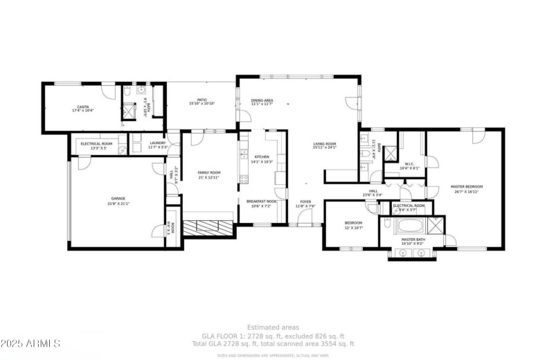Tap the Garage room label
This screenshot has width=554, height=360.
pyautogui.click(x=118, y=199)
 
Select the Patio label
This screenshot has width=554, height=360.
pyautogui.click(x=202, y=99)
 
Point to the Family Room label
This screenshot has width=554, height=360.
pyautogui.click(x=208, y=172)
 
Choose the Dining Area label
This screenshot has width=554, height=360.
pyautogui.click(x=262, y=100)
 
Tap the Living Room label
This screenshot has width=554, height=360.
pyautogui.click(x=324, y=143)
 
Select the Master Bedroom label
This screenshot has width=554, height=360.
pyautogui.click(x=466, y=186)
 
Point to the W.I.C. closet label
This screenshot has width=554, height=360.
pyautogui.click(x=410, y=164)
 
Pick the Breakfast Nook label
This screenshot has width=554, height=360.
pyautogui.click(x=262, y=201)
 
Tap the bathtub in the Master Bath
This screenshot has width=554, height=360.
pyautogui.click(x=407, y=226)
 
